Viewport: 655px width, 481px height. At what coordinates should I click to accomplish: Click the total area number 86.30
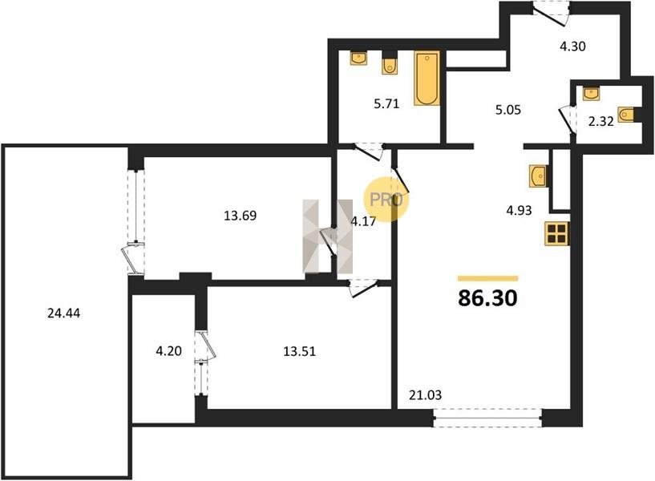[x=487, y=297]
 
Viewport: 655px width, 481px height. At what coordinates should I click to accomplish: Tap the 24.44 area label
[x=63, y=313]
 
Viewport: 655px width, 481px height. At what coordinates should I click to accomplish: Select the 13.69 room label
[x=241, y=216]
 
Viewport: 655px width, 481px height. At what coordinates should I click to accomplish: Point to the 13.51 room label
[x=300, y=351]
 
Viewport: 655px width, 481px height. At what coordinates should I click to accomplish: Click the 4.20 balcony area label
[x=169, y=351]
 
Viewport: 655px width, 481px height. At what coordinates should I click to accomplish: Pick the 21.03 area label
[x=425, y=394]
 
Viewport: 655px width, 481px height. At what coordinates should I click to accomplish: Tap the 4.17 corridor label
[x=363, y=221]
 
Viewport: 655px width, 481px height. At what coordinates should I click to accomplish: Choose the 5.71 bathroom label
[x=386, y=103]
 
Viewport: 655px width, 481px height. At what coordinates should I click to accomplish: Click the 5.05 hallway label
[x=508, y=110]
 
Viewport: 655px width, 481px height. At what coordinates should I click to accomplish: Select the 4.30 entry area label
[x=572, y=46]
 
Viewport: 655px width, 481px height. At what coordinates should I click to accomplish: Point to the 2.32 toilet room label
[x=600, y=122]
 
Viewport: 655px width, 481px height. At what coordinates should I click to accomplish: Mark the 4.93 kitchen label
[x=519, y=210]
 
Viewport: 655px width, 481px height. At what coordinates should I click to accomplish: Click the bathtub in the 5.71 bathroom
[x=427, y=78]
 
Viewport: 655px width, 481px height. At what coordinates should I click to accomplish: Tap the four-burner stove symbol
[x=557, y=233]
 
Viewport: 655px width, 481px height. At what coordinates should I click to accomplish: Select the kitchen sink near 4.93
[x=539, y=176]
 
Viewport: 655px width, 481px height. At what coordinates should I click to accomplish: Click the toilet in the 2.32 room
[x=628, y=114]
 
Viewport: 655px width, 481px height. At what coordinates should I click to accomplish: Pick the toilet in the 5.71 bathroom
[x=390, y=65]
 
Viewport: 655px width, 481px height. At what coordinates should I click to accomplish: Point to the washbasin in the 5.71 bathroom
[x=358, y=59]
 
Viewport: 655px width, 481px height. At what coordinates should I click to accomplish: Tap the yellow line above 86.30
[x=488, y=278]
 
